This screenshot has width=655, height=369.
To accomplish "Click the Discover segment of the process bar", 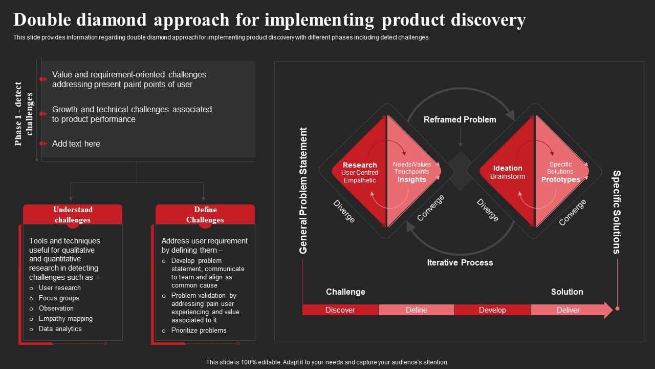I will pos(340,310).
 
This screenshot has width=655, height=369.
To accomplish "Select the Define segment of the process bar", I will pos(416,310).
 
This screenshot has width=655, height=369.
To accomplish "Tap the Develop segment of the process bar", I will pos(492,310).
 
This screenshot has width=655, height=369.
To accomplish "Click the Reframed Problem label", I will pos(460,119).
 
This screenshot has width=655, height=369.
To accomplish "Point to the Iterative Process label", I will pos(460,262).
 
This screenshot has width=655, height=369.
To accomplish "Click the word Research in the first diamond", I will pos(360,165).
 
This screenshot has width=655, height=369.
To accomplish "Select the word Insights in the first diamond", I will pos(411,179).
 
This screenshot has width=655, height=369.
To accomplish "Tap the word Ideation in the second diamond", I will pos(508,168).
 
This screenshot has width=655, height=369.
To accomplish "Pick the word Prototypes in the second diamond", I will pos(560,179).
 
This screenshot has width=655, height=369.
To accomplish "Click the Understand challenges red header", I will pos(73,215).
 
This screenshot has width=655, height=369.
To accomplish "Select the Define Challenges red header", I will pos(205,215).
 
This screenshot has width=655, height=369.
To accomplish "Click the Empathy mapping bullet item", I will pos(65,319).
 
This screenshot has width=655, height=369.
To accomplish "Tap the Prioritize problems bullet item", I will pos(199,331).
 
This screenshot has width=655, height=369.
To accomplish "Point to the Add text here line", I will pos(76,143).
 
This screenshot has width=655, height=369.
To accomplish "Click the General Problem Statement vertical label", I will pos(303,190).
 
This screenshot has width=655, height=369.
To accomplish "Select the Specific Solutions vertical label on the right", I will pos(617,212).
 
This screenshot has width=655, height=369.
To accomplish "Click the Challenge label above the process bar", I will pos(345,292).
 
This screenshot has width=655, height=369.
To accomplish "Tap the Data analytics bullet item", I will pos(60,329).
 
